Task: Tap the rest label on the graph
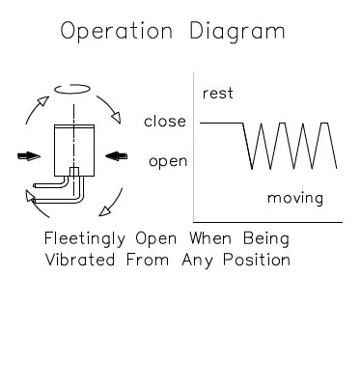click(x=217, y=94)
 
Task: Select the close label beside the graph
click(x=165, y=123)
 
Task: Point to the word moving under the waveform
click(x=295, y=199)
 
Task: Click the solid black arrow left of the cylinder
click(x=29, y=154)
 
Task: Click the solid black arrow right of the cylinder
click(x=114, y=154)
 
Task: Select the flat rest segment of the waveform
click(x=221, y=123)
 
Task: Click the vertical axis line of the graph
click(x=195, y=145)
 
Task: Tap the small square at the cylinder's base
click(x=72, y=172)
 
